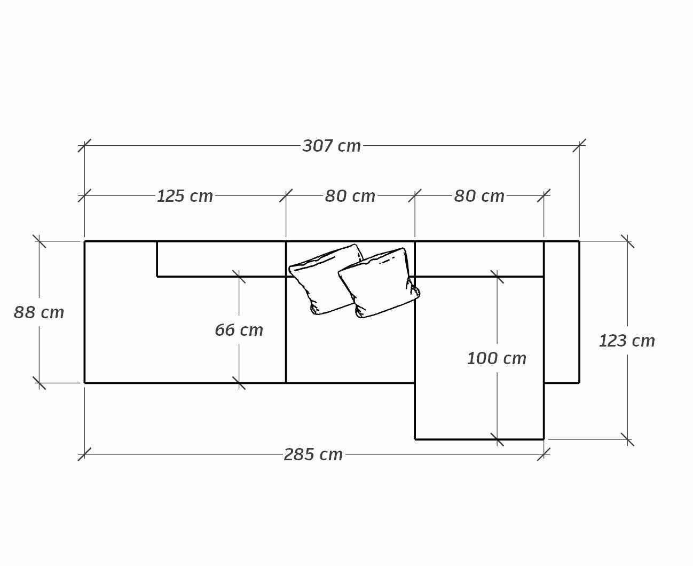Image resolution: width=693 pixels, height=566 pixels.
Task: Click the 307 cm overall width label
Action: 331,146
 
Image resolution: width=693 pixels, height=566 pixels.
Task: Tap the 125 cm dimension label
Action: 185,196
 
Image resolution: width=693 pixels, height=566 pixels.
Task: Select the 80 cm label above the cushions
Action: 350,196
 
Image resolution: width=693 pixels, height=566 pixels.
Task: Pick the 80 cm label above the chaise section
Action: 479,196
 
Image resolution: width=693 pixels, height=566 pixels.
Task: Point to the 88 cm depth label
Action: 39,312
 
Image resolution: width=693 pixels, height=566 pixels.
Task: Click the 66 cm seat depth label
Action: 239,330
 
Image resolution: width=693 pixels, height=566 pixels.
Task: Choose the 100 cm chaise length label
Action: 497,358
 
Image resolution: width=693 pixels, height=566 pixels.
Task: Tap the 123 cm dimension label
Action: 627,341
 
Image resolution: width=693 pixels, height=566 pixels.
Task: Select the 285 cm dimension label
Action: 313,455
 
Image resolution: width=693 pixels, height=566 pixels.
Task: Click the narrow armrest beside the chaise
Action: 562,312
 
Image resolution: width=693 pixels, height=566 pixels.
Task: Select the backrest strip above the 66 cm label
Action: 222,259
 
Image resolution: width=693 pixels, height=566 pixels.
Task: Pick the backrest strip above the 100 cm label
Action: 479,259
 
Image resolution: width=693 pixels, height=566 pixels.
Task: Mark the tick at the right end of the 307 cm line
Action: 579,146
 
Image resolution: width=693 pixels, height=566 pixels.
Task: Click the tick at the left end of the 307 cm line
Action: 84,146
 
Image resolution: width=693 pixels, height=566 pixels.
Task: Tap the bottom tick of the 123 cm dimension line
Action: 628,439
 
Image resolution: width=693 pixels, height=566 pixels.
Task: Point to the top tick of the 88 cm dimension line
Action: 39,241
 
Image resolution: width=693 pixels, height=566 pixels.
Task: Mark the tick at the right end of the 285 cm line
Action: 544,454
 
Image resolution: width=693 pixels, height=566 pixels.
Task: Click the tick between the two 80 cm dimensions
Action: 415,195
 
